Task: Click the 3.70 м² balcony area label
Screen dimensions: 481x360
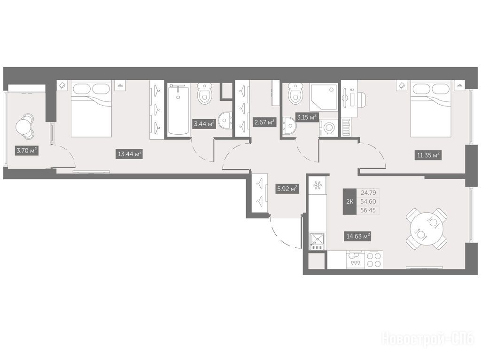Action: pos(27,151)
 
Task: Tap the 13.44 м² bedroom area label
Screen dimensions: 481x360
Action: pos(130,153)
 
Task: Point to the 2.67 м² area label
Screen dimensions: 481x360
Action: pos(264,123)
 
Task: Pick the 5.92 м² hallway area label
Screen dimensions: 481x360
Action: pos(287,189)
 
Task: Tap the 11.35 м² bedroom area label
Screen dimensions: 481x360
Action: pos(428,155)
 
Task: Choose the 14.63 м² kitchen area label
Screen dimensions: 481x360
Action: pos(358,237)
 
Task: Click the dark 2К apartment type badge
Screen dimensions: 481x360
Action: pos(349,201)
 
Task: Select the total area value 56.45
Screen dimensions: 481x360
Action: pos(368,210)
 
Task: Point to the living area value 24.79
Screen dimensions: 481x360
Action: pos(368,193)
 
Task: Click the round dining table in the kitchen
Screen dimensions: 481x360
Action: pos(426,229)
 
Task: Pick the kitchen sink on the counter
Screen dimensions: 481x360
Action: pos(318,242)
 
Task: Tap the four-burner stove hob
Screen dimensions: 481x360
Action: pos(374,260)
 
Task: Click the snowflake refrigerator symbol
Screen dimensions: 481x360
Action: pos(318,185)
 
